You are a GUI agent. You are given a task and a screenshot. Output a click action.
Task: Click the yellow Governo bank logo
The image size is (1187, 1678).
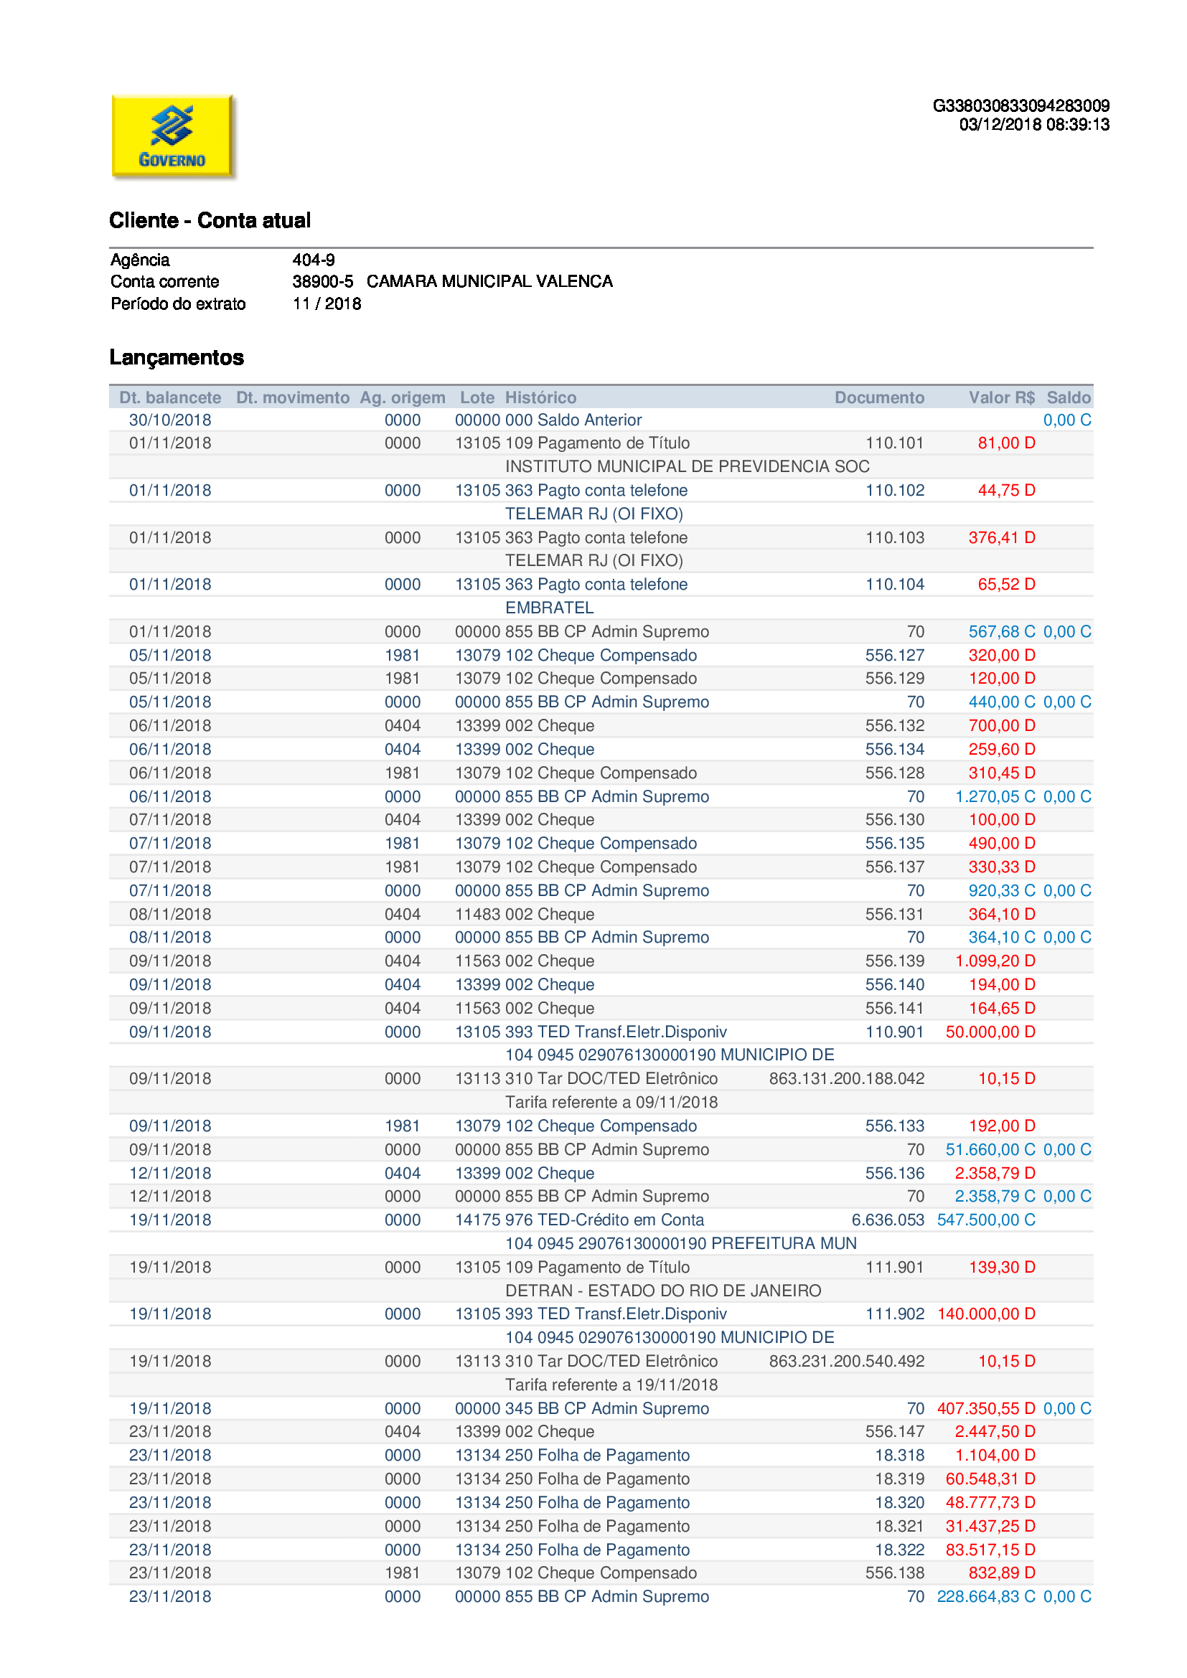click(x=172, y=136)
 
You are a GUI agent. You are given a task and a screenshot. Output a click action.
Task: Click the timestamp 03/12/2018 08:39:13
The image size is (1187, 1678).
click(x=1033, y=125)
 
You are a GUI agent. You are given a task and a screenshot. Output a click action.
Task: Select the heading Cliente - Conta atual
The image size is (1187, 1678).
click(x=210, y=220)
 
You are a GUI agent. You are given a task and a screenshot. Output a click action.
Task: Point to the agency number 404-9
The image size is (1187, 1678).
click(x=314, y=260)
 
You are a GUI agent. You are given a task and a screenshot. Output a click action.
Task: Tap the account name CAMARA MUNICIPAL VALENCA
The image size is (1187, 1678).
click(x=489, y=281)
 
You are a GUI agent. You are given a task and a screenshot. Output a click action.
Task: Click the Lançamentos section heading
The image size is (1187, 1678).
click(x=177, y=357)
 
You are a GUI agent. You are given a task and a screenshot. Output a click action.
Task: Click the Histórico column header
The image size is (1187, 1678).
click(x=540, y=397)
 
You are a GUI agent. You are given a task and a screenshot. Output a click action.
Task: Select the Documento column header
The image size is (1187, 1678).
click(x=878, y=397)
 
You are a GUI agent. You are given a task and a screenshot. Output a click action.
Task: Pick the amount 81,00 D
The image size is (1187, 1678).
click(x=1005, y=443)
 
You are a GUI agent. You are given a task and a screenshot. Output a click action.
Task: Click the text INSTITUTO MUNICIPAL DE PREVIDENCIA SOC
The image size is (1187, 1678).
click(x=687, y=466)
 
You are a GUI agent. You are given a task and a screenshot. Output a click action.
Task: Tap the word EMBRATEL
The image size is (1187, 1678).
click(x=549, y=608)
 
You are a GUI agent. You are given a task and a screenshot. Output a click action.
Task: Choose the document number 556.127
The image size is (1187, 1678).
click(x=894, y=655)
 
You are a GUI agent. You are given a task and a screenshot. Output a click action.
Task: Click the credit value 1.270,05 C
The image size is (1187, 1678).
click(x=994, y=796)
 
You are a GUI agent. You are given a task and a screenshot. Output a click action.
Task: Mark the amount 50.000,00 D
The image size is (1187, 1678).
click(x=990, y=1031)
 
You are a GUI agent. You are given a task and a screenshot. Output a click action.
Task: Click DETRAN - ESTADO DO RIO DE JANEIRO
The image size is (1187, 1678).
click(x=663, y=1290)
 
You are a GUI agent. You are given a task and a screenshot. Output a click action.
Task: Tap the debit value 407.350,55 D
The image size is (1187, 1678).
click(x=985, y=1408)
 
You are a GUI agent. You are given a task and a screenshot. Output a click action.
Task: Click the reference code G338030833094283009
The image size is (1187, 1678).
click(x=1021, y=106)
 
